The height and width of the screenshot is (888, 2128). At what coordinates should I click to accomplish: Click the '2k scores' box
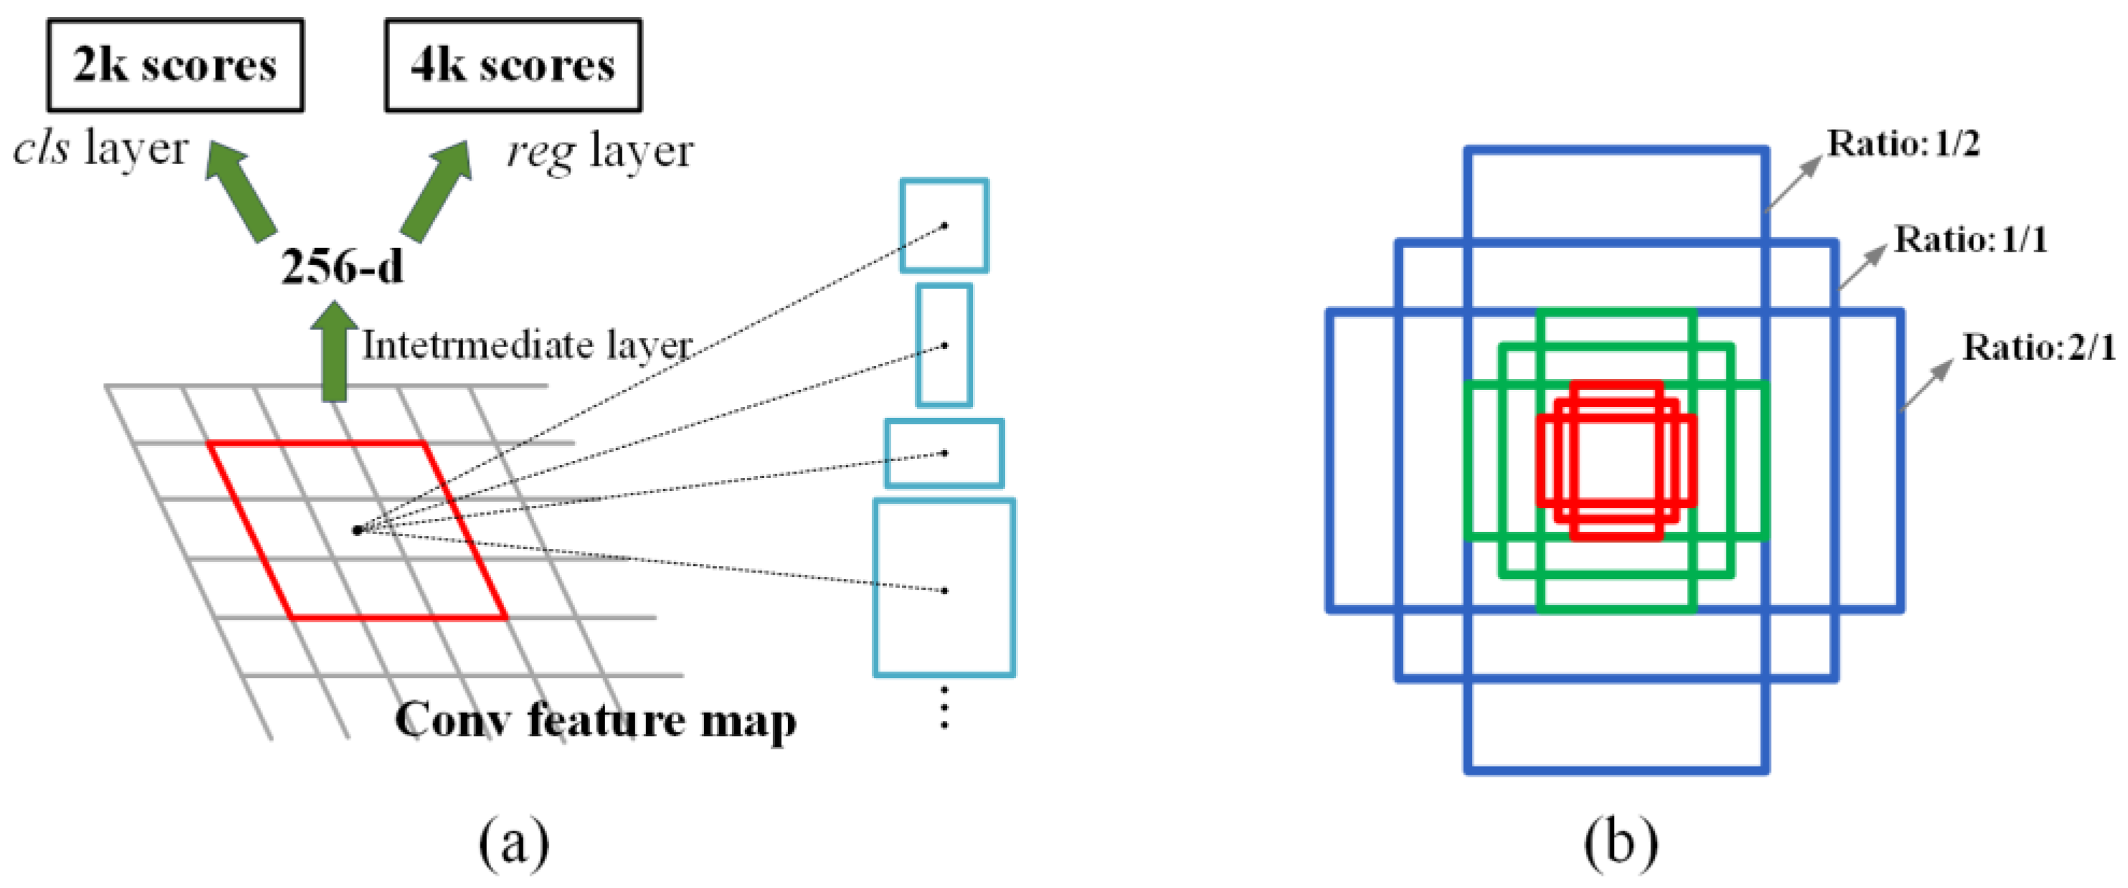coord(175,65)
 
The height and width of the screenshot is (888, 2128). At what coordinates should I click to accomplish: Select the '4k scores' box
coord(513,65)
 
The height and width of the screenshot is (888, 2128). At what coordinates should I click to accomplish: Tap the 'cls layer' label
coord(101,150)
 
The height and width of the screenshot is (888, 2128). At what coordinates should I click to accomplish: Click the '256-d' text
coord(342,267)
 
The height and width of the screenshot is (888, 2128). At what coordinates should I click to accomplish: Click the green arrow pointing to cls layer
coord(240,191)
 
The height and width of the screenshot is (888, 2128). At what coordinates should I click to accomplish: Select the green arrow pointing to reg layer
coord(436,191)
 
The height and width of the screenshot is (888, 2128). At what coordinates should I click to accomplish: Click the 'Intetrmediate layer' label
coord(527,345)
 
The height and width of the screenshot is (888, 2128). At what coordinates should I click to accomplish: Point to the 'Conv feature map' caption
coord(596,720)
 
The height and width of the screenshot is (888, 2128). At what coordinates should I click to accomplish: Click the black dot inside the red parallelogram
coord(357,530)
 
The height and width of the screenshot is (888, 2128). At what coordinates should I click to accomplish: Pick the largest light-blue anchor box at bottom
coord(944,588)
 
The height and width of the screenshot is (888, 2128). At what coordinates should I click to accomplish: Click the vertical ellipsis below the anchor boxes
coord(944,708)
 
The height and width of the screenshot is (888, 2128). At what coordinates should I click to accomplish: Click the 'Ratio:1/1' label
coord(1971,240)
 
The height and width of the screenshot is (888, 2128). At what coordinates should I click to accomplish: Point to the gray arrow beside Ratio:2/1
coord(1927,385)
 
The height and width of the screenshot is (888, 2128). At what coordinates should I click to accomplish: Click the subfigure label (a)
coord(514,843)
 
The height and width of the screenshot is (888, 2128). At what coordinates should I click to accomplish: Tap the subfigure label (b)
coord(1621,843)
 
